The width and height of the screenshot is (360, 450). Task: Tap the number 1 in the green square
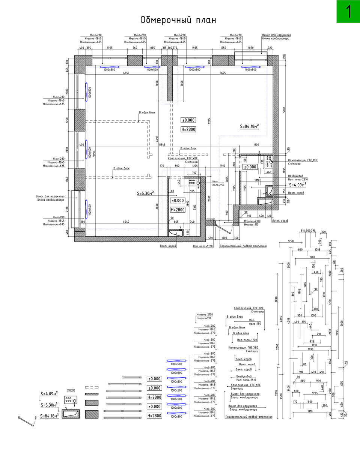click(x=348, y=12)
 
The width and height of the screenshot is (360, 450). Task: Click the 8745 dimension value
click(x=162, y=144)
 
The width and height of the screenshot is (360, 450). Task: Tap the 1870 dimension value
click(x=251, y=48)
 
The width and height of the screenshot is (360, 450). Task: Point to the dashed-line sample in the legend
click(x=92, y=387)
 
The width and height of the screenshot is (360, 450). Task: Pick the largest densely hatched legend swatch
click(x=92, y=415)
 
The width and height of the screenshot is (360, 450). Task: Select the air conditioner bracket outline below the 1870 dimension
click(x=251, y=57)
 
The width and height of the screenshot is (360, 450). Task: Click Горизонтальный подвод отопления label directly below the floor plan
click(x=243, y=246)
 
